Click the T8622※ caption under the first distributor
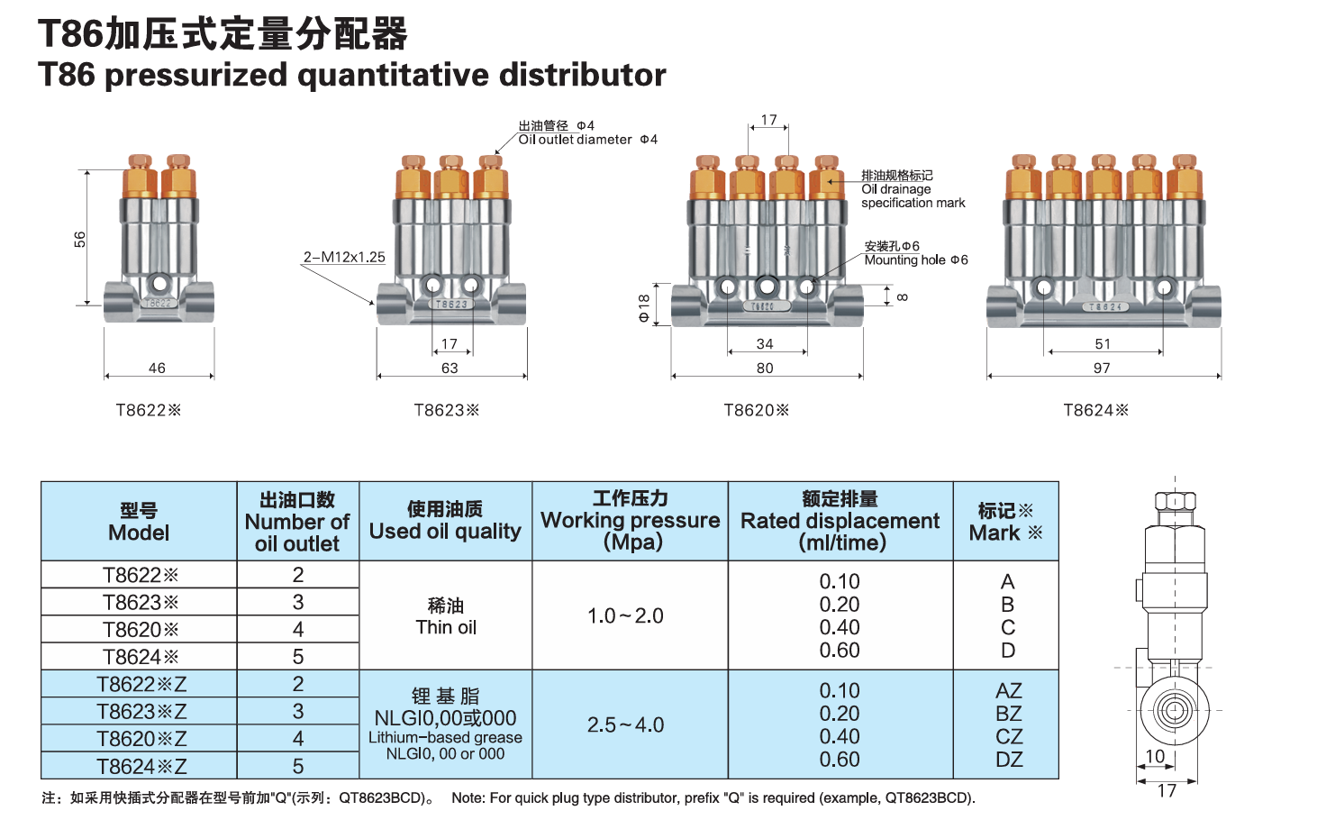pos(149,410)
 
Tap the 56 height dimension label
pos(80,239)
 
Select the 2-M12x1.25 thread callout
pos(344,257)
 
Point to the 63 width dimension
pos(450,368)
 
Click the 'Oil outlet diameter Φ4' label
pos(588,140)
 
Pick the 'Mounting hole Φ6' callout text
pos(915,260)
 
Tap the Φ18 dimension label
pos(643,307)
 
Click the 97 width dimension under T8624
pos(1102,368)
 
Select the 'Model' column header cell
pos(139,522)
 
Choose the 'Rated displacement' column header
pos(840,522)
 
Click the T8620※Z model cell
pos(141,739)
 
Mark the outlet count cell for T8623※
pos(298,602)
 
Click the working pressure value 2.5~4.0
pos(625,724)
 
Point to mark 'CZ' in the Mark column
pos(1009,736)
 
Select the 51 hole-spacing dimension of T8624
pos(1103,343)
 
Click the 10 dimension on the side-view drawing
pos(1155,756)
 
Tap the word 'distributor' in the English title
pos(583,74)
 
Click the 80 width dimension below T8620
pos(765,368)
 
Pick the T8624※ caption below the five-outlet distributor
pos(1095,410)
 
